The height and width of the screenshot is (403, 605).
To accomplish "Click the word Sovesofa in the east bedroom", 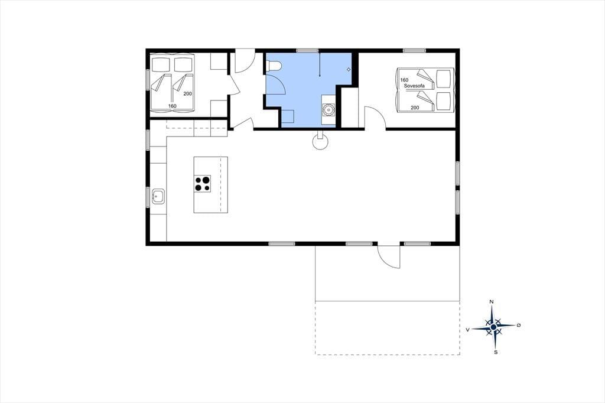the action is click(414, 86).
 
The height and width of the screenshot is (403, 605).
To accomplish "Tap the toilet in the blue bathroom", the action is click(272, 66).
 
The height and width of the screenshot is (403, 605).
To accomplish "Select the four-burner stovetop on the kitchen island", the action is click(202, 184).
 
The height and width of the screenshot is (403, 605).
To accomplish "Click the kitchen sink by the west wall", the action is click(158, 196).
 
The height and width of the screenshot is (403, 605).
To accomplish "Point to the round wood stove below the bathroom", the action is click(320, 142).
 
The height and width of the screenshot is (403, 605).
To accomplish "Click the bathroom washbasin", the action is click(328, 110).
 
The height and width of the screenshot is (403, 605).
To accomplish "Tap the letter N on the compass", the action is click(491, 301).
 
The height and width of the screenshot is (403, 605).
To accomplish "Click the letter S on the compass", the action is click(496, 352).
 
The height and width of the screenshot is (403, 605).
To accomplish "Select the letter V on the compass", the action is click(468, 330).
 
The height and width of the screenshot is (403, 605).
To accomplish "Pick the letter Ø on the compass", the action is click(519, 326).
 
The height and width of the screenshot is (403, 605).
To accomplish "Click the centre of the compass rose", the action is click(493, 327).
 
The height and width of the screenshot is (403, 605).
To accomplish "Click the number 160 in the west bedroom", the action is click(172, 106).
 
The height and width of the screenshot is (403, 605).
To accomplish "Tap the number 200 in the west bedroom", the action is click(187, 93).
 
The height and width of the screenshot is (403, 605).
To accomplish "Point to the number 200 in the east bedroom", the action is click(415, 108).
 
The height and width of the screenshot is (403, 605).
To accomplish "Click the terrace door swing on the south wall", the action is click(388, 256).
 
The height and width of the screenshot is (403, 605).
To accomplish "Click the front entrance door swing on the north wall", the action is click(245, 61).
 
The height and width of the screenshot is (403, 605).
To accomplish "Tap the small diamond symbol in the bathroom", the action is click(349, 70).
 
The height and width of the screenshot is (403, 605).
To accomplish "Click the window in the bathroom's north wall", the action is click(307, 50).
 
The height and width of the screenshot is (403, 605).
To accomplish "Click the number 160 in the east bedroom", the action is click(404, 80).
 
